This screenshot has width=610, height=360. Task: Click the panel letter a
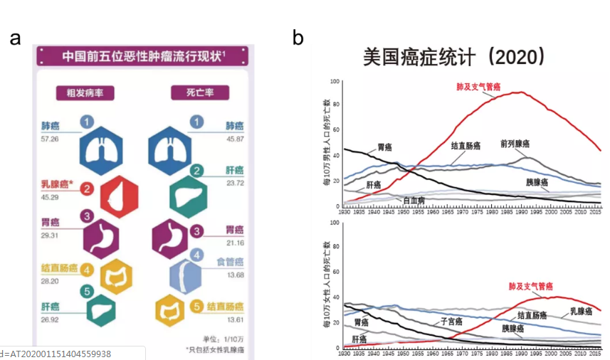tap(15, 38)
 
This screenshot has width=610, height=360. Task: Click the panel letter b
tap(298, 38)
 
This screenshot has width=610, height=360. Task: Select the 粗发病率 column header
tap(85, 93)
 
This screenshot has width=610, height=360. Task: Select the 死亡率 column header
tap(187, 93)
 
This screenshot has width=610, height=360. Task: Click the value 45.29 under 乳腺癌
tap(51, 196)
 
